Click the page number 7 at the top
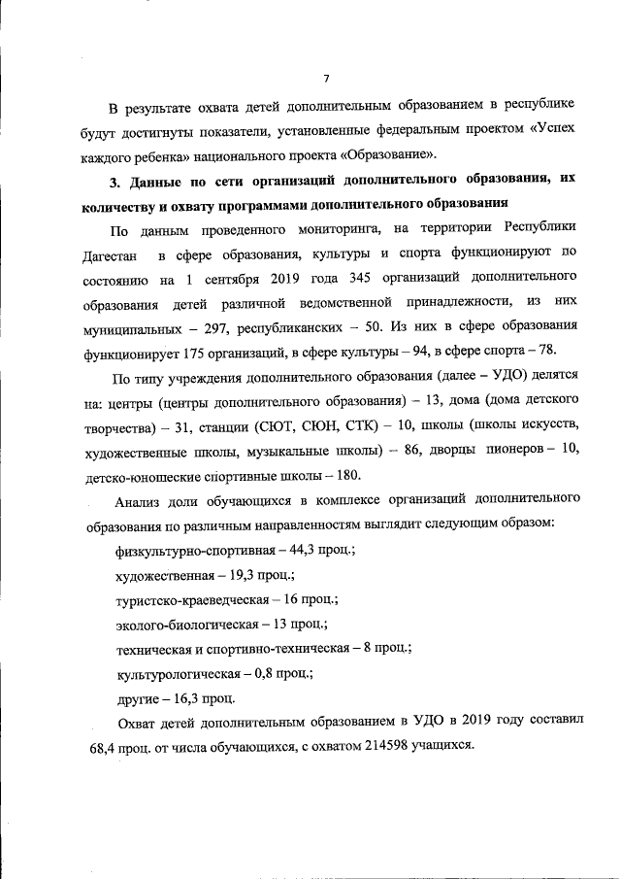[x=326, y=78]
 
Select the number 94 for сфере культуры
[x=424, y=351]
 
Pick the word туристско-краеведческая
[x=191, y=600]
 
